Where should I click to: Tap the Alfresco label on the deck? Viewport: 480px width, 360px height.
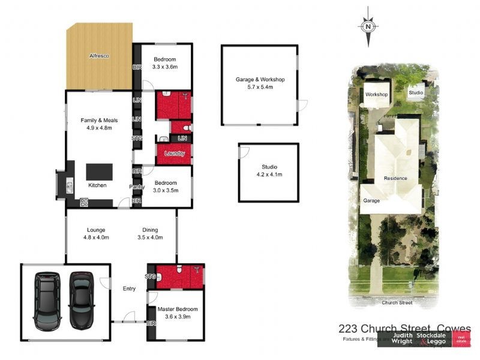(99, 56)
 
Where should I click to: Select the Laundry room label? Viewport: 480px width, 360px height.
(175, 154)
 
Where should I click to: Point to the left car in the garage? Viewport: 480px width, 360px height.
(47, 301)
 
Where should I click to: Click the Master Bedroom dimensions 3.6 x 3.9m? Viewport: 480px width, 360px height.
(177, 317)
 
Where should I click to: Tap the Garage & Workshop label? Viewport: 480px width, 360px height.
(259, 79)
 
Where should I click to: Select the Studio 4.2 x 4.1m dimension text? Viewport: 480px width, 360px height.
(268, 175)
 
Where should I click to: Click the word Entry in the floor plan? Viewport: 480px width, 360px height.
(130, 287)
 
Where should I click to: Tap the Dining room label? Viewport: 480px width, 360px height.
(150, 230)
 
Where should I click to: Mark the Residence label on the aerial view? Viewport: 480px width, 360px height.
(395, 178)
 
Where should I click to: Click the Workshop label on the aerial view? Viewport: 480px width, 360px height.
(377, 95)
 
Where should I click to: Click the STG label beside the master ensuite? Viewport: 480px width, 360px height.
(151, 277)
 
